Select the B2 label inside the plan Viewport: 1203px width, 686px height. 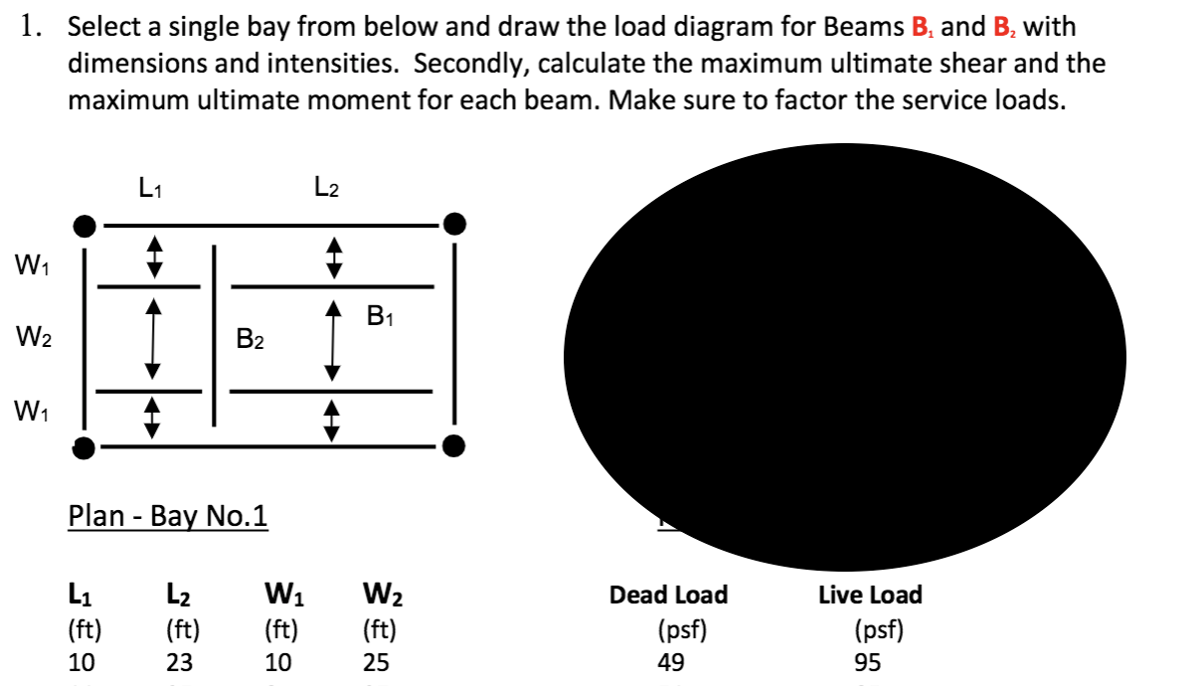[x=251, y=340]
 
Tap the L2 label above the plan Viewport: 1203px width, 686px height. [x=326, y=186]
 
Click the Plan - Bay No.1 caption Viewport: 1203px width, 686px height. [x=167, y=517]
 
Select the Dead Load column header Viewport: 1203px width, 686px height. [x=668, y=595]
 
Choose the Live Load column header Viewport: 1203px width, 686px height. [x=870, y=595]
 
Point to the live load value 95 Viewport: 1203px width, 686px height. [x=867, y=663]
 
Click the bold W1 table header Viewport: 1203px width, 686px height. [x=284, y=597]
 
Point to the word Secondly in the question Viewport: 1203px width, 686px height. [x=458, y=64]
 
